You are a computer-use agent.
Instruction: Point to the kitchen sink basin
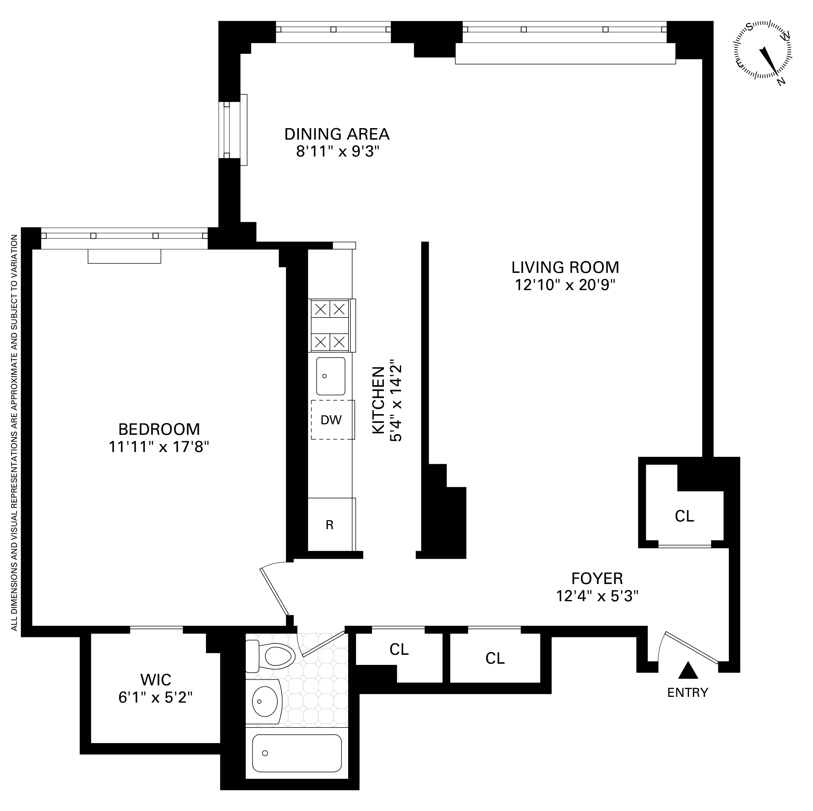331,376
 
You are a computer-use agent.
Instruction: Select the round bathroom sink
265,701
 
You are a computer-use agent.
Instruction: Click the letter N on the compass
781,82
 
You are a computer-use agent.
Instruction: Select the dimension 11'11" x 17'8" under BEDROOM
159,447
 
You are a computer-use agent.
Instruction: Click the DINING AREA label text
337,134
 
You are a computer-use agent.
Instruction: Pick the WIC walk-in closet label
156,679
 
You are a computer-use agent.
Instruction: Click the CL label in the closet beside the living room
684,516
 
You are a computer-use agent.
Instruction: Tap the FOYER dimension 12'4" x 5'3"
597,595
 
